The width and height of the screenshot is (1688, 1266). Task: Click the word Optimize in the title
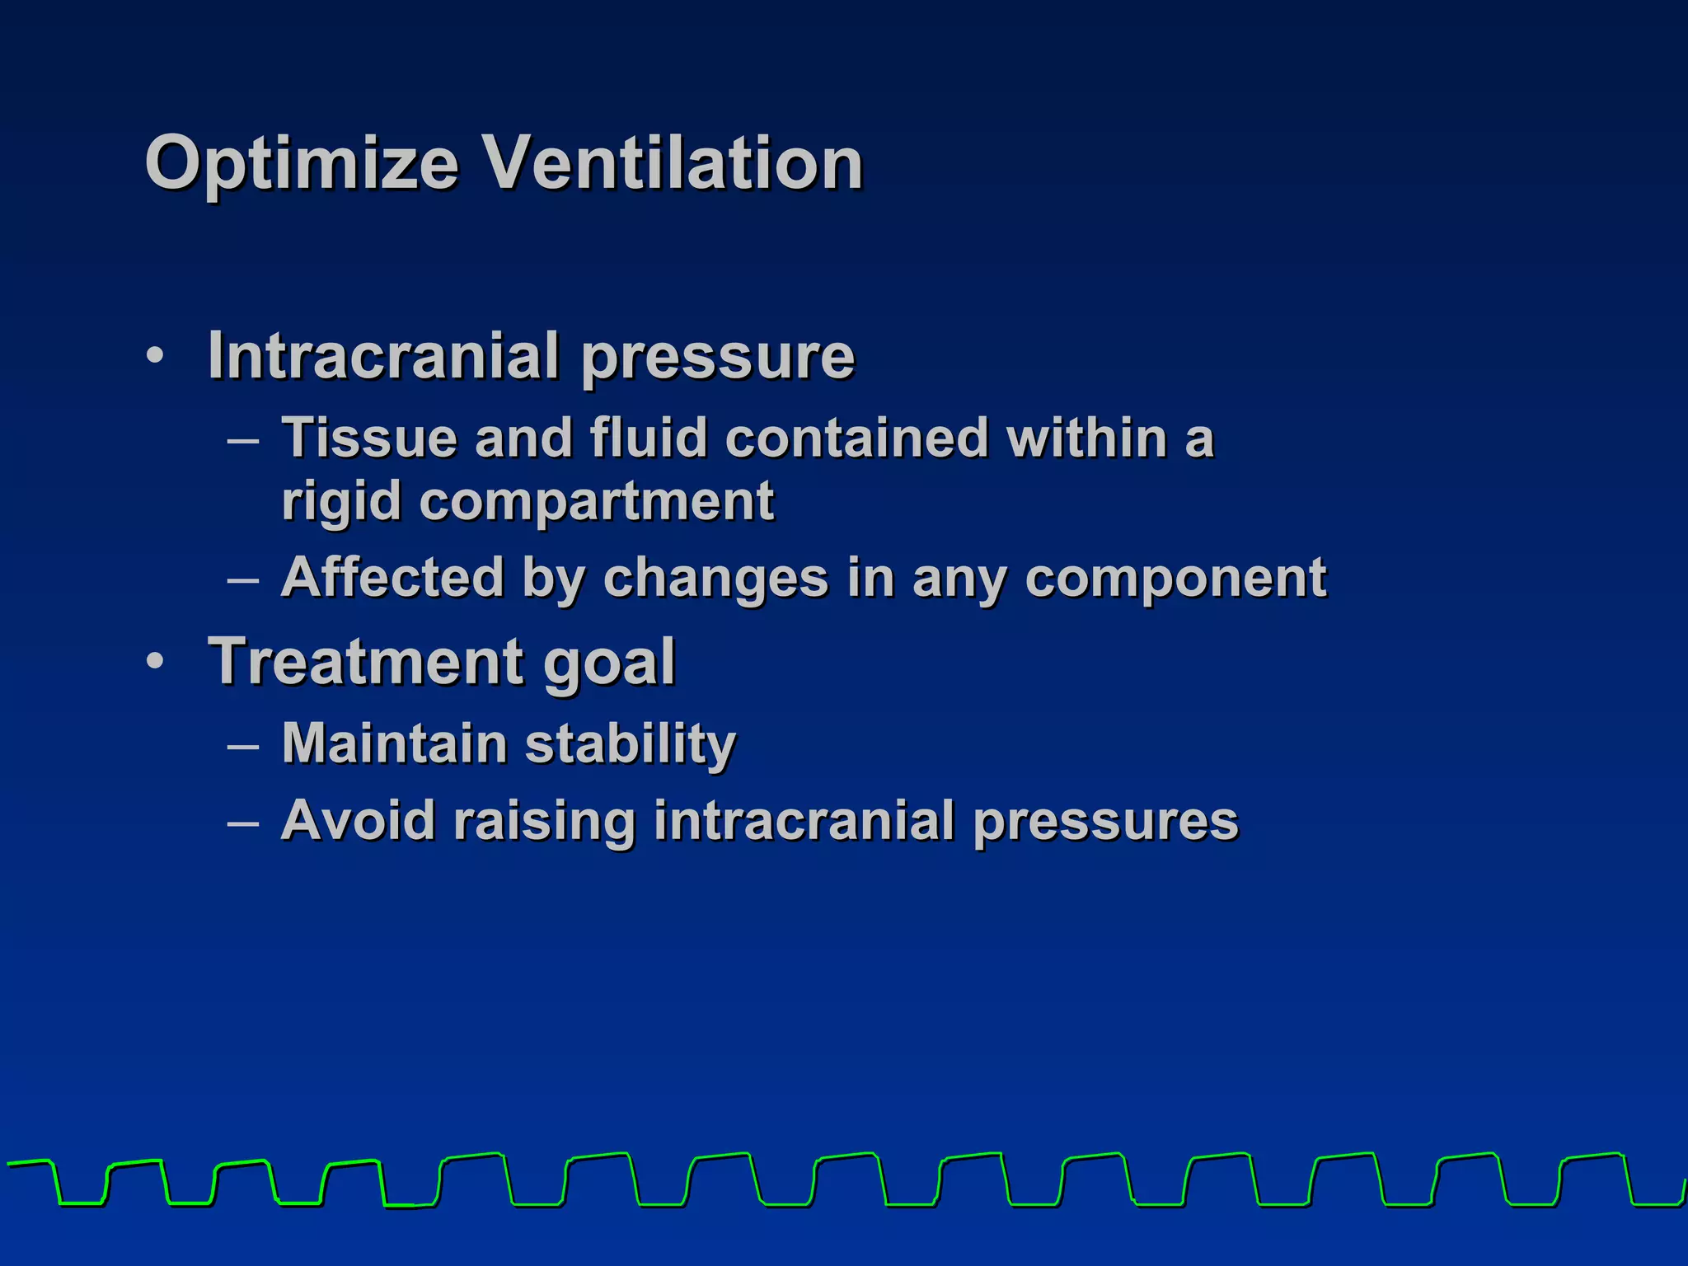point(301,164)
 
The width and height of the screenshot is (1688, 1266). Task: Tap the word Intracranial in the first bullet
point(384,356)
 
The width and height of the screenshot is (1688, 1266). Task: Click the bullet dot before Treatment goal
point(154,662)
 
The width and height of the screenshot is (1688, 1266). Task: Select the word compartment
point(598,502)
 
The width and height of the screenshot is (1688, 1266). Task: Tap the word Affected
point(392,577)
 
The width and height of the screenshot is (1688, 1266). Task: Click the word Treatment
point(366,661)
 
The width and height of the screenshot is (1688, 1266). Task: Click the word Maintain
point(394,743)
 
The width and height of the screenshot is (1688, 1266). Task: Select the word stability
point(631,744)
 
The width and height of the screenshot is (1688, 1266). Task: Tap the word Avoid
point(358,821)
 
